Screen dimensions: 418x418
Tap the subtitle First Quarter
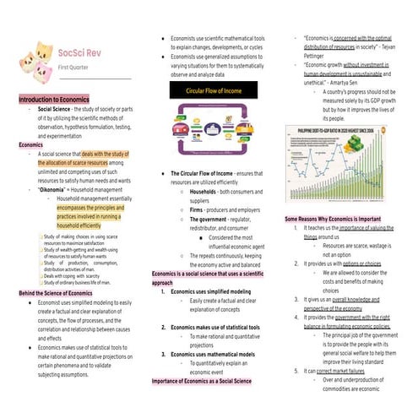[x=73, y=66]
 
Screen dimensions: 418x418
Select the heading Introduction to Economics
[x=57, y=100]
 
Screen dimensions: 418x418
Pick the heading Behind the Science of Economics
[x=61, y=292]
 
